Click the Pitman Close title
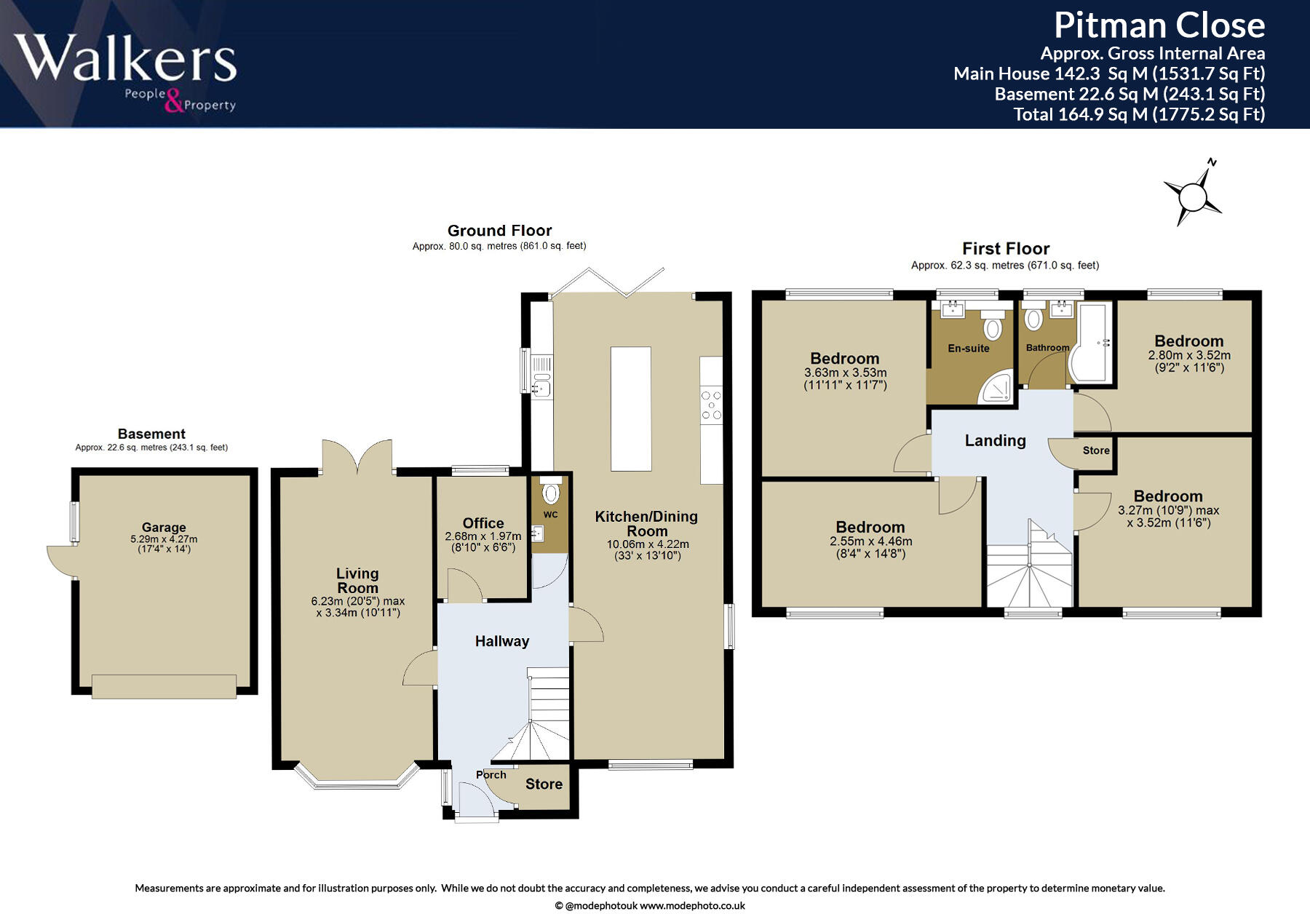(x=1159, y=25)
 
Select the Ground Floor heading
(x=499, y=231)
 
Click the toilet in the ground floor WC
(x=551, y=493)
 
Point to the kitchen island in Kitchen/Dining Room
(x=630, y=409)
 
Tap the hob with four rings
(x=711, y=405)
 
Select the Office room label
(x=483, y=523)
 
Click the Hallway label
(x=501, y=641)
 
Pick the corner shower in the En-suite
(x=995, y=389)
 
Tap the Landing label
(x=995, y=440)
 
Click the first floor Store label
(x=1095, y=450)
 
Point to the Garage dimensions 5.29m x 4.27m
(x=164, y=539)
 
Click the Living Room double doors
(x=357, y=457)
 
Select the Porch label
(x=491, y=775)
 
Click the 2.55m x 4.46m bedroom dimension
(x=870, y=541)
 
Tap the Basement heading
(x=151, y=434)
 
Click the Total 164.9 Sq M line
(x=1139, y=114)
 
